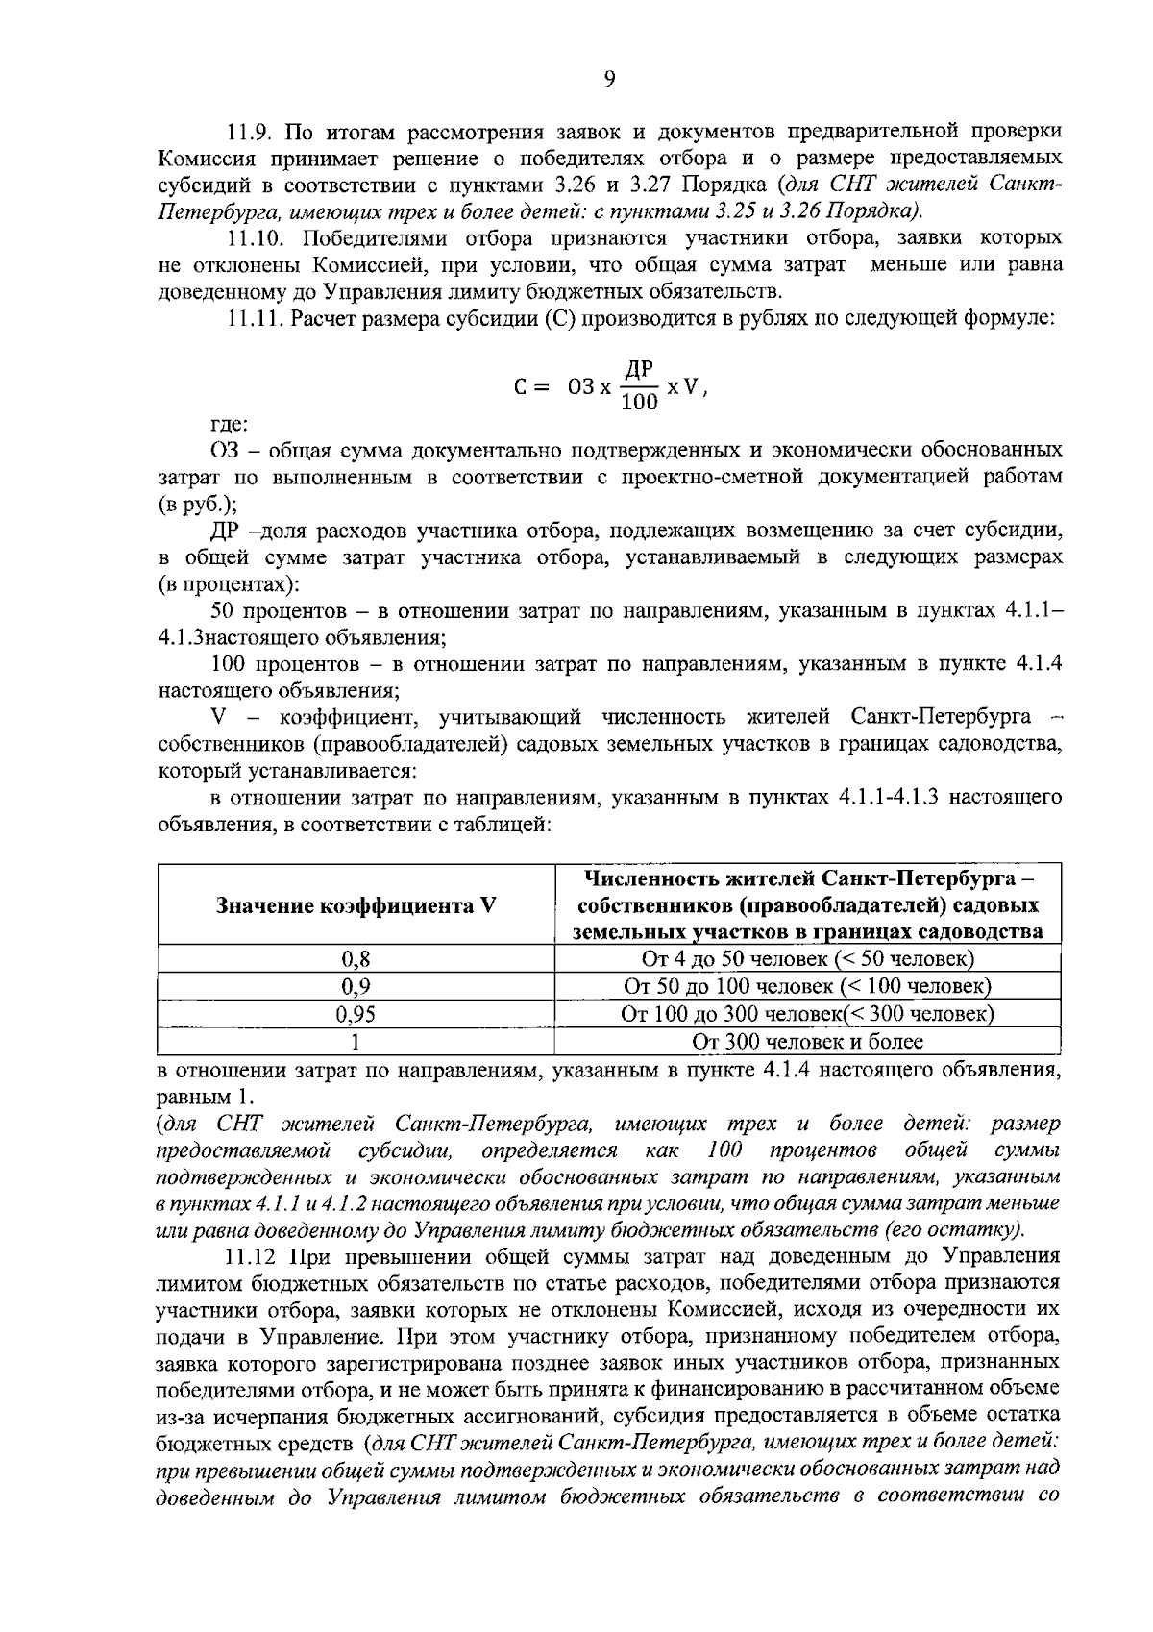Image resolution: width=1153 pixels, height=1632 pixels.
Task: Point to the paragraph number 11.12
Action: click(x=252, y=1256)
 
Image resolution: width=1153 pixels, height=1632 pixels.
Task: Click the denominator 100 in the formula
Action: click(x=640, y=403)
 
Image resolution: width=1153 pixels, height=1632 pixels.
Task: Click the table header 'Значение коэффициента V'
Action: click(x=356, y=905)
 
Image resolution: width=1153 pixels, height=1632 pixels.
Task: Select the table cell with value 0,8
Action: click(x=356, y=959)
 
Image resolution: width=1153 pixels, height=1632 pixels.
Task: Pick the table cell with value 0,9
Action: click(x=356, y=987)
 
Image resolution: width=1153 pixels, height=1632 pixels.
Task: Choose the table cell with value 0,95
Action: click(x=356, y=1015)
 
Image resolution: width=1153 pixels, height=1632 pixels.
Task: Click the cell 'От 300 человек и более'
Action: click(x=807, y=1042)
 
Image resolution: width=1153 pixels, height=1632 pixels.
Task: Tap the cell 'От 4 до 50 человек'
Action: click(x=807, y=959)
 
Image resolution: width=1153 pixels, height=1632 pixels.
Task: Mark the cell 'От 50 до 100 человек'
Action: click(x=807, y=987)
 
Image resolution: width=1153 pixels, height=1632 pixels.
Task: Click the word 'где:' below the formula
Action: click(x=230, y=424)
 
